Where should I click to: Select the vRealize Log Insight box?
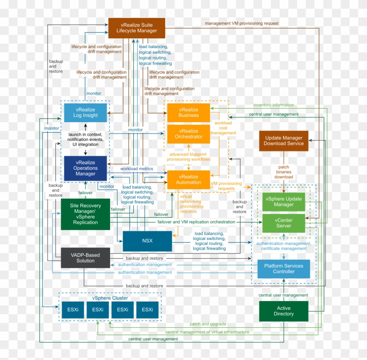pyautogui.click(x=86, y=113)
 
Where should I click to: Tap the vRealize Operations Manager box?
pyautogui.click(x=86, y=168)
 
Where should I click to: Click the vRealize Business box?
pyautogui.click(x=188, y=113)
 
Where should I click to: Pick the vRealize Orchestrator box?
pyautogui.click(x=188, y=134)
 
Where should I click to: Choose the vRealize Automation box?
pyautogui.click(x=188, y=179)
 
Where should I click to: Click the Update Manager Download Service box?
pyautogui.click(x=284, y=141)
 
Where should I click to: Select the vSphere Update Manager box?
pyautogui.click(x=284, y=202)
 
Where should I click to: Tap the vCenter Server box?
pyautogui.click(x=284, y=223)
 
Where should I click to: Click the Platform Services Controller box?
pyautogui.click(x=284, y=269)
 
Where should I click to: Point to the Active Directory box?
pyautogui.click(x=284, y=311)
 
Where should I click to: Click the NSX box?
pyautogui.click(x=147, y=241)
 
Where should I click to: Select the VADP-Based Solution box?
pyautogui.click(x=86, y=258)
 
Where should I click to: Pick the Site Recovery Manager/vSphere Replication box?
pyautogui.click(x=86, y=214)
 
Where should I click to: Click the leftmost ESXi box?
pyautogui.click(x=73, y=310)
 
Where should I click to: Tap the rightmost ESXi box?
pyautogui.click(x=147, y=310)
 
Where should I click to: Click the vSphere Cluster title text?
pyautogui.click(x=110, y=298)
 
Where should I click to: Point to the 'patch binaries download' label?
pyautogui.click(x=284, y=171)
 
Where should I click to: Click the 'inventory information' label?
pyautogui.click(x=274, y=105)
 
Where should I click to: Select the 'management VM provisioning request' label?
pyautogui.click(x=241, y=23)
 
